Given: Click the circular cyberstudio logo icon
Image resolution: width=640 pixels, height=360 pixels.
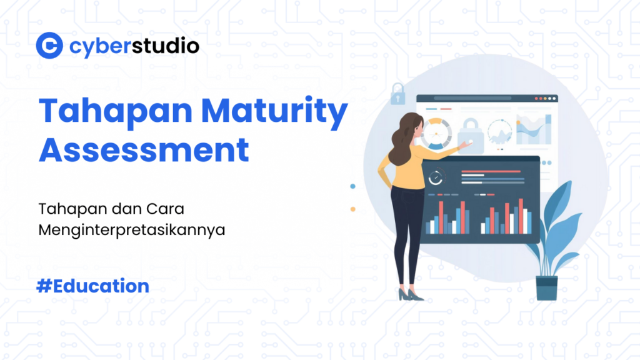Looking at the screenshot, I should [x=49, y=46].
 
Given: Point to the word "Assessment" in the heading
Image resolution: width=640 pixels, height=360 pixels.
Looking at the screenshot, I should [x=144, y=150].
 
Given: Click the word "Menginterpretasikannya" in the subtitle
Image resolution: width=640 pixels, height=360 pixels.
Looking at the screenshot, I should [x=131, y=229].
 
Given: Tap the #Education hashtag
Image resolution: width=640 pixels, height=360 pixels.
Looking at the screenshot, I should [x=93, y=286].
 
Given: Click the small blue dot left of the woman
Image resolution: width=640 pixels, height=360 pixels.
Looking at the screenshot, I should [x=353, y=186].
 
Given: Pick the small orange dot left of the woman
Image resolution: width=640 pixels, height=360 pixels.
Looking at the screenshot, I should [x=353, y=209].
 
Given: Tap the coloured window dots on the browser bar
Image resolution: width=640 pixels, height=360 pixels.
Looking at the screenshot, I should [x=547, y=98].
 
